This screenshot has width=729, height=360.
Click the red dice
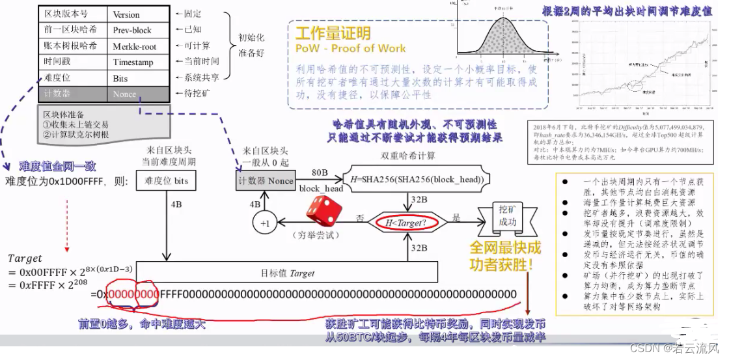tap(321, 209)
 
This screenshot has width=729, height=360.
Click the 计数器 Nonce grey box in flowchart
tap(266, 180)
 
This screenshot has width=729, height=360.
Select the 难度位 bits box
tap(167, 180)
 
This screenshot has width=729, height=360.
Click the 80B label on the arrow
tap(320, 173)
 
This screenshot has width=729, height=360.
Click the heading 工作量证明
tap(333, 35)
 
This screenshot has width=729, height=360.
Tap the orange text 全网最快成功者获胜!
tap(505, 256)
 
